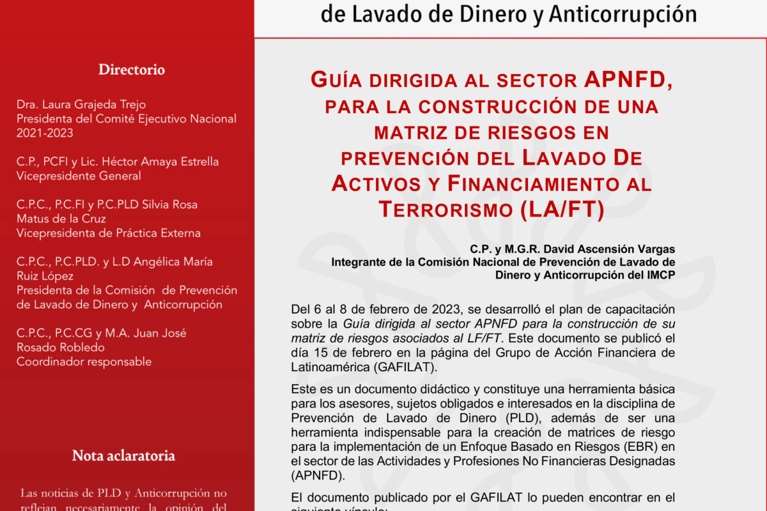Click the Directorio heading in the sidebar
pyautogui.click(x=131, y=70)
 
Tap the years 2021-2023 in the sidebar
pyautogui.click(x=45, y=133)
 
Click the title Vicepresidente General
pyautogui.click(x=79, y=176)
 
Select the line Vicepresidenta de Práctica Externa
pyautogui.click(x=109, y=233)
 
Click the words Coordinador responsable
pyautogui.click(x=84, y=362)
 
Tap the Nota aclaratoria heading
pyautogui.click(x=123, y=455)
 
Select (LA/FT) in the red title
pyautogui.click(x=562, y=210)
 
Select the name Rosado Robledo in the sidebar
pyautogui.click(x=60, y=347)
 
